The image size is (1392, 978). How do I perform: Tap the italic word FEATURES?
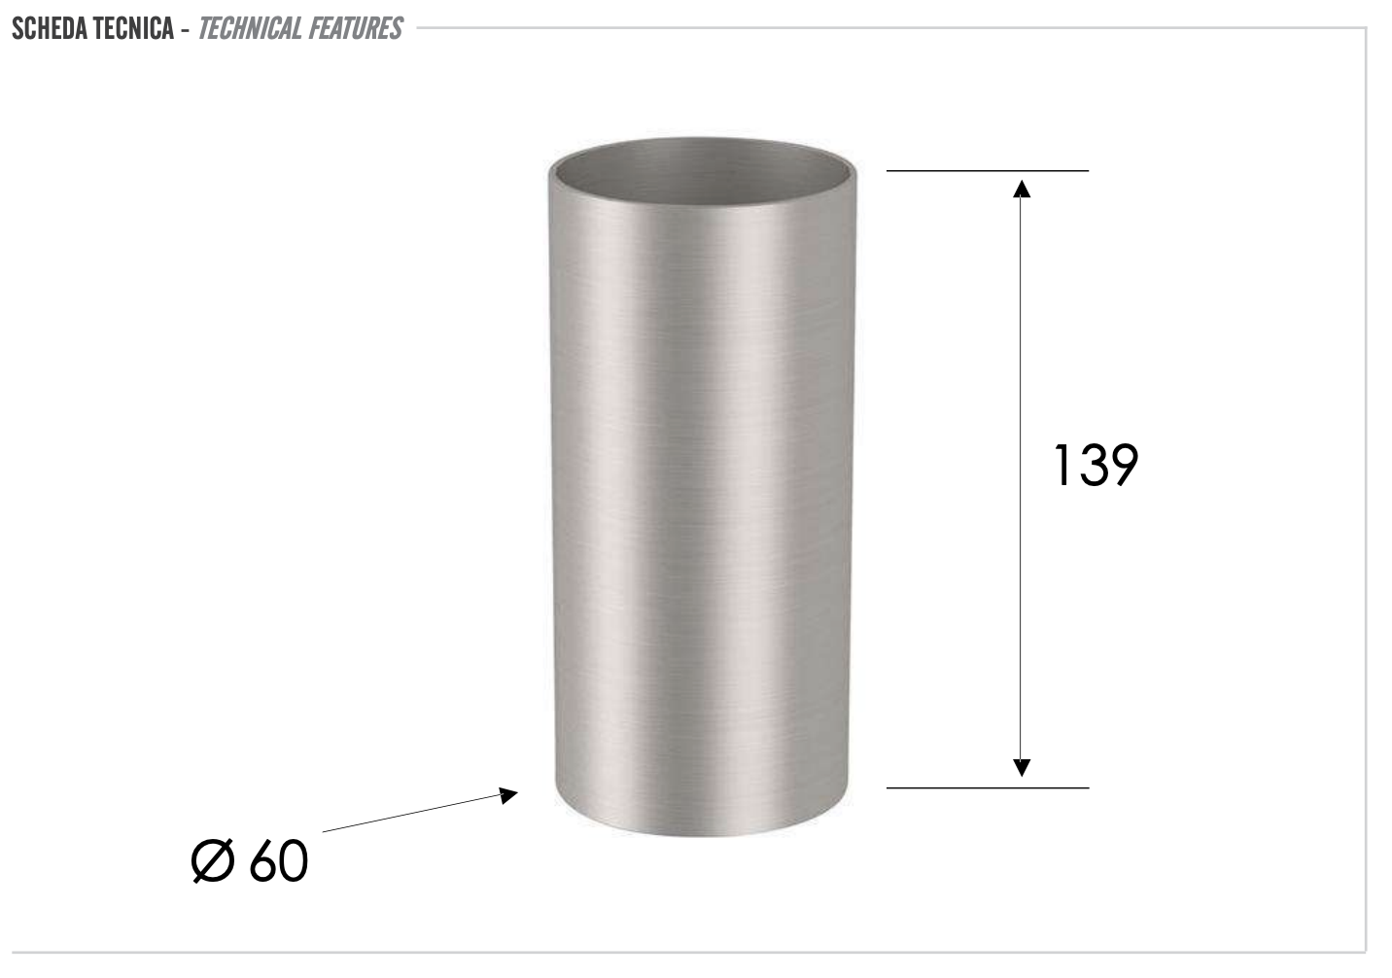tap(355, 29)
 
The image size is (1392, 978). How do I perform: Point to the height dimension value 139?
tap(1095, 466)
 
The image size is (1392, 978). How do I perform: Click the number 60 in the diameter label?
tap(279, 861)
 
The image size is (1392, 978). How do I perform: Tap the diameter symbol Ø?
tap(213, 861)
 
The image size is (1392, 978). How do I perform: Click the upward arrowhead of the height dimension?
tap(1021, 187)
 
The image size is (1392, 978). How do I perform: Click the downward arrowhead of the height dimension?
tap(1021, 768)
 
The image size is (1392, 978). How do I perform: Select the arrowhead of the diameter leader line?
tap(508, 795)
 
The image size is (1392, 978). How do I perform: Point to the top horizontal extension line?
tap(987, 171)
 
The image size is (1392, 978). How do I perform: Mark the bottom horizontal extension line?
tap(987, 787)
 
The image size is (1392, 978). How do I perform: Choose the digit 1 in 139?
tap(1061, 466)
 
